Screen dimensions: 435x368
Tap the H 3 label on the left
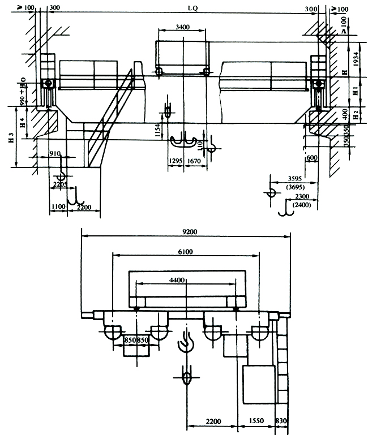coord(11,137)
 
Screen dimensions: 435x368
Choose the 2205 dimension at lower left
coord(59,183)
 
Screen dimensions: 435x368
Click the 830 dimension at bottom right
coord(282,421)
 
